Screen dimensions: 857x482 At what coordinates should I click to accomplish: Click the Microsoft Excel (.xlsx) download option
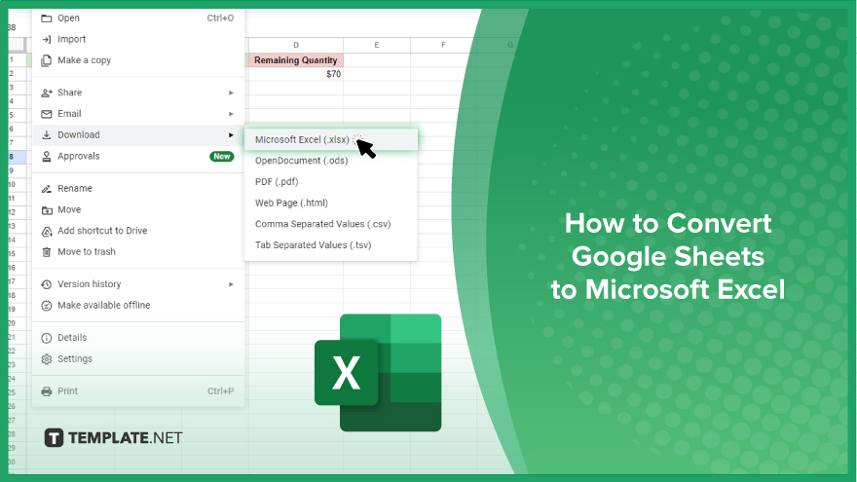302,139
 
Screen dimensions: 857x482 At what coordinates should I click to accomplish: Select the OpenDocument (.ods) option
301,161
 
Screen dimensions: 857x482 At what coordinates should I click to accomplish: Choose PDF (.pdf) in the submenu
277,181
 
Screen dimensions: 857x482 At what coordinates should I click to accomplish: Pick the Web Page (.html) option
291,203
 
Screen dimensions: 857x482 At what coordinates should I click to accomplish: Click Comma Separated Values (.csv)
322,224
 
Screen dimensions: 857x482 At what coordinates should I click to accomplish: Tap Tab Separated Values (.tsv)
314,244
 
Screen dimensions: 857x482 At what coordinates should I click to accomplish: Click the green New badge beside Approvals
222,157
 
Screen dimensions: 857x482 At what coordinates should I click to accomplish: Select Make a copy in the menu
84,60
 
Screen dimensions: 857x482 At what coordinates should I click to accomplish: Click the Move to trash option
87,252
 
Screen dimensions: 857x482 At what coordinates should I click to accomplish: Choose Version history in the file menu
89,284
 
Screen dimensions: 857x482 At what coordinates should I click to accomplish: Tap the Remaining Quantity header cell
296,60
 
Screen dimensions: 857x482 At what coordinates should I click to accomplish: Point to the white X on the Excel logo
346,373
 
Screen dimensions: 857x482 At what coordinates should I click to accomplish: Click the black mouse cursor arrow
365,148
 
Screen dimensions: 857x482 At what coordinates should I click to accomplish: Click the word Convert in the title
719,223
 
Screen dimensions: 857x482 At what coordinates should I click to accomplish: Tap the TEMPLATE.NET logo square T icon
54,438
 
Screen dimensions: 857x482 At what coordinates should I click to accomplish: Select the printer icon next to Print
47,391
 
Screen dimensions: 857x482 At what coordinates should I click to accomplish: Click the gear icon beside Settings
47,359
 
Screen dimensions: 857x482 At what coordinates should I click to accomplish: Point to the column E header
377,45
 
